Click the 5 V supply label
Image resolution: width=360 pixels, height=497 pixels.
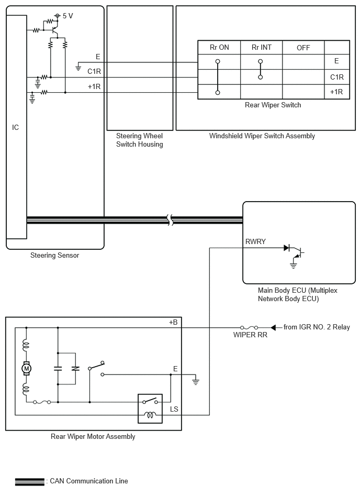[67, 16]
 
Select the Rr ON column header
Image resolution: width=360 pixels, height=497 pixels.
[219, 47]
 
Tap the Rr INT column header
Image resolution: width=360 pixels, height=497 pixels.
[262, 47]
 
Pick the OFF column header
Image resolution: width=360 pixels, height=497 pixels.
[303, 48]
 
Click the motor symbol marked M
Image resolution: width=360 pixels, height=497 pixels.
[26, 368]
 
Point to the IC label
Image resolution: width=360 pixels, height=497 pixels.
[15, 127]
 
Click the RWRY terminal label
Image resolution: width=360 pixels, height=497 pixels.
[255, 241]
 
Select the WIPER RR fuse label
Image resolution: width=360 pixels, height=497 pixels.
[250, 335]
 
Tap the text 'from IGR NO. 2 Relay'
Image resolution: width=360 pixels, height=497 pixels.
[317, 327]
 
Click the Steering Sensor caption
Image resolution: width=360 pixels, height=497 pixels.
[54, 255]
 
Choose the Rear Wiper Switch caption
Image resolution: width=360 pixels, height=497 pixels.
[273, 105]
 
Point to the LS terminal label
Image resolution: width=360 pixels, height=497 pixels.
[174, 409]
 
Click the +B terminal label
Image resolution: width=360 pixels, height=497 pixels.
[173, 323]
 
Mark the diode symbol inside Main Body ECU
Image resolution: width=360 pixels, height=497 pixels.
[287, 248]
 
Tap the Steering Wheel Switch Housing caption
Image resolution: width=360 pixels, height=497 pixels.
[140, 140]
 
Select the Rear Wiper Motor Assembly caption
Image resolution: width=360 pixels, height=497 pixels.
[93, 436]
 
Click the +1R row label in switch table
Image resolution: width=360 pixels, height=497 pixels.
[336, 92]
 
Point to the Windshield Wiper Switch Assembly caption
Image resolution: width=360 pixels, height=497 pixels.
[262, 136]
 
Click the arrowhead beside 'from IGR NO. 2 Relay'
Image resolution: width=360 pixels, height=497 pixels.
[273, 327]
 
